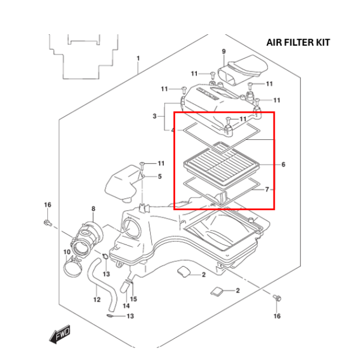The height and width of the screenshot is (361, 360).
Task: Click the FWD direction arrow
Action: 61,332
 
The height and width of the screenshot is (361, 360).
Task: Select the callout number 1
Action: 138,59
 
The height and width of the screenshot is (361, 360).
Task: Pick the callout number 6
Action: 283,165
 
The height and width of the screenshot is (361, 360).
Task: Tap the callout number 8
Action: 93,209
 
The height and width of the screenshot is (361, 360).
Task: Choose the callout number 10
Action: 67,252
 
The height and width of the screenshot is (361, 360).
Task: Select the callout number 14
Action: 126,306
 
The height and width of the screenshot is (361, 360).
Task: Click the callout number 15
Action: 134,299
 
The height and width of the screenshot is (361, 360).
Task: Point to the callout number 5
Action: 160,177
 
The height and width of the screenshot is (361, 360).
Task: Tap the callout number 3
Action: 154,116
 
